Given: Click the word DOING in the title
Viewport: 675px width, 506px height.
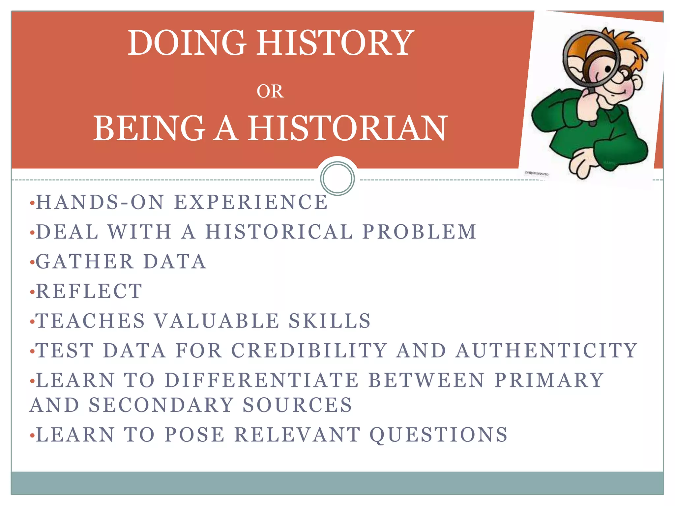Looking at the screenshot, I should (x=187, y=43).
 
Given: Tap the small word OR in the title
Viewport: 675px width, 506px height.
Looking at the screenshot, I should (x=270, y=92).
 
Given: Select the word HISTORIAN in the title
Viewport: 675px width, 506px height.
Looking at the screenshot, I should (x=347, y=128).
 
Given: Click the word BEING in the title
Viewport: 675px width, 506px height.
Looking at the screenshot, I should (x=149, y=128).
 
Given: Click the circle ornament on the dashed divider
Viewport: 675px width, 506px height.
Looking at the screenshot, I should (x=337, y=178).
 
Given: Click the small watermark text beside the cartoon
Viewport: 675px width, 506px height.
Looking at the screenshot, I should (x=537, y=173).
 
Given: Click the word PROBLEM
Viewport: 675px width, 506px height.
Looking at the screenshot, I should (x=419, y=232).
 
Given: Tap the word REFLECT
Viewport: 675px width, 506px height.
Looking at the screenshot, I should (x=89, y=292).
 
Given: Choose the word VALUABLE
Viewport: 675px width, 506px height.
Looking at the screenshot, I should (x=217, y=321).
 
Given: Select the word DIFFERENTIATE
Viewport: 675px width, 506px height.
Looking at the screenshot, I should (x=262, y=380).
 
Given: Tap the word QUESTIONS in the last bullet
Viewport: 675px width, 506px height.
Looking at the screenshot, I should (x=438, y=435).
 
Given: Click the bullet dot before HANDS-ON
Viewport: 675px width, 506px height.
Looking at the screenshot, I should (x=32, y=203).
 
